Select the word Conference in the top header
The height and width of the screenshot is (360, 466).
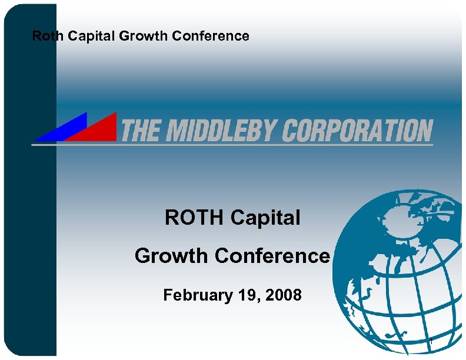[210, 36]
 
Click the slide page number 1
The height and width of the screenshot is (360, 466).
[431, 341]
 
